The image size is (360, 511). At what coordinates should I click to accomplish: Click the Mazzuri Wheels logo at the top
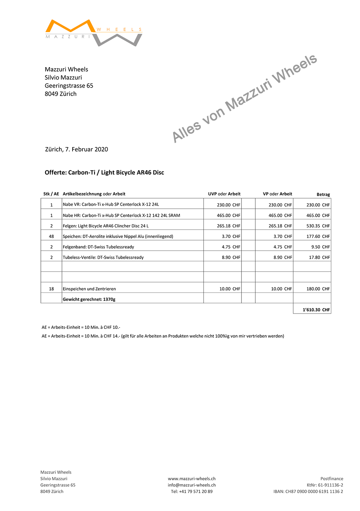coord(93,32)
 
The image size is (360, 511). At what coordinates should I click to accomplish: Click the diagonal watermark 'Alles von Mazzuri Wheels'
coord(244,98)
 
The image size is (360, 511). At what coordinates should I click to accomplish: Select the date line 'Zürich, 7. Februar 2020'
coord(77,149)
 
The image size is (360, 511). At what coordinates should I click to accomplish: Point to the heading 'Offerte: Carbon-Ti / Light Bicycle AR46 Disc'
coord(104,173)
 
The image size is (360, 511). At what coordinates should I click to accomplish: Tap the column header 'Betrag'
coord(323,195)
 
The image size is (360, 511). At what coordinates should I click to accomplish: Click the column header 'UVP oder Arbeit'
coord(224,194)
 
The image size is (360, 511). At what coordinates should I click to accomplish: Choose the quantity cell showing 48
coord(51,237)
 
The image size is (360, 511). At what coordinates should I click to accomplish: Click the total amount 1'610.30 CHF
coord(316,310)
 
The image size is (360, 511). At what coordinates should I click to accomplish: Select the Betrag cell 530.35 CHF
coord(318,226)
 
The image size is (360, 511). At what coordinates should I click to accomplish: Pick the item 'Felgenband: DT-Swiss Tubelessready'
coord(98,247)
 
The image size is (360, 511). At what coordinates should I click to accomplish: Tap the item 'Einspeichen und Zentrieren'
coord(89,289)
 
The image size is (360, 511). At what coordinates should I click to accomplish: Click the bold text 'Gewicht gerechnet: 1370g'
coord(89,299)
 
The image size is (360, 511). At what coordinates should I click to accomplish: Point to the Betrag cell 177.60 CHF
coord(318,237)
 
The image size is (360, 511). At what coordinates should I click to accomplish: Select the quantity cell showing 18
coord(51,289)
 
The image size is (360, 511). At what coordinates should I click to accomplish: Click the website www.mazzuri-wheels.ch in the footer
coord(191,479)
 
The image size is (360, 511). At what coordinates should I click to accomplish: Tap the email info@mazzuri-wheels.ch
coord(191,485)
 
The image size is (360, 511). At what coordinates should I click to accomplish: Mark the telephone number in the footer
coord(191,492)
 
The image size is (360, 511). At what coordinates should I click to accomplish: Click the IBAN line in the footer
coord(308,492)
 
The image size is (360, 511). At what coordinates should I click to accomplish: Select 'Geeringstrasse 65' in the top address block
coord(69,86)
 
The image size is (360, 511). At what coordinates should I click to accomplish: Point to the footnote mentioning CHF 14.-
coord(163,336)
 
